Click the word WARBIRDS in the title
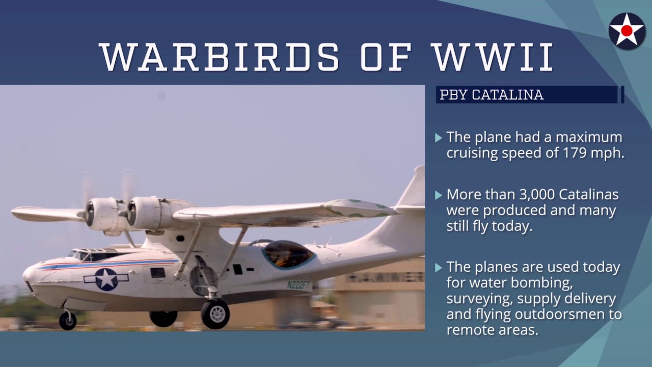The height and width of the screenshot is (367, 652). (x=220, y=57)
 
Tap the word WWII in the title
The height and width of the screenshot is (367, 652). (x=493, y=57)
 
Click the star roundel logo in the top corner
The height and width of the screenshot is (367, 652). (x=627, y=31)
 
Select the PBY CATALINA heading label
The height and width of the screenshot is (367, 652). (x=492, y=95)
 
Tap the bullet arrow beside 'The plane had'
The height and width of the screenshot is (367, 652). (x=439, y=138)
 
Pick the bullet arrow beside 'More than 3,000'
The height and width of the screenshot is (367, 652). (x=439, y=195)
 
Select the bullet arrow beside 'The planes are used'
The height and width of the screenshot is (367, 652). (x=439, y=268)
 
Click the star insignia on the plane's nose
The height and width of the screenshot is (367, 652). (x=106, y=279)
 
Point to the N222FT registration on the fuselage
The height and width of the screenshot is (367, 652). (x=298, y=284)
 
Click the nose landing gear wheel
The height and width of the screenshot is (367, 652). (x=68, y=321)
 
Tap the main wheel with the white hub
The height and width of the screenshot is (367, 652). (x=215, y=313)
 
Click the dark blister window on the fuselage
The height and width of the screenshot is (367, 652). (x=288, y=254)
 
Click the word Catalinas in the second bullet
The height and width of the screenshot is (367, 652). (x=588, y=194)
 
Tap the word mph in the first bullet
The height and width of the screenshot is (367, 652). (x=608, y=153)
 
